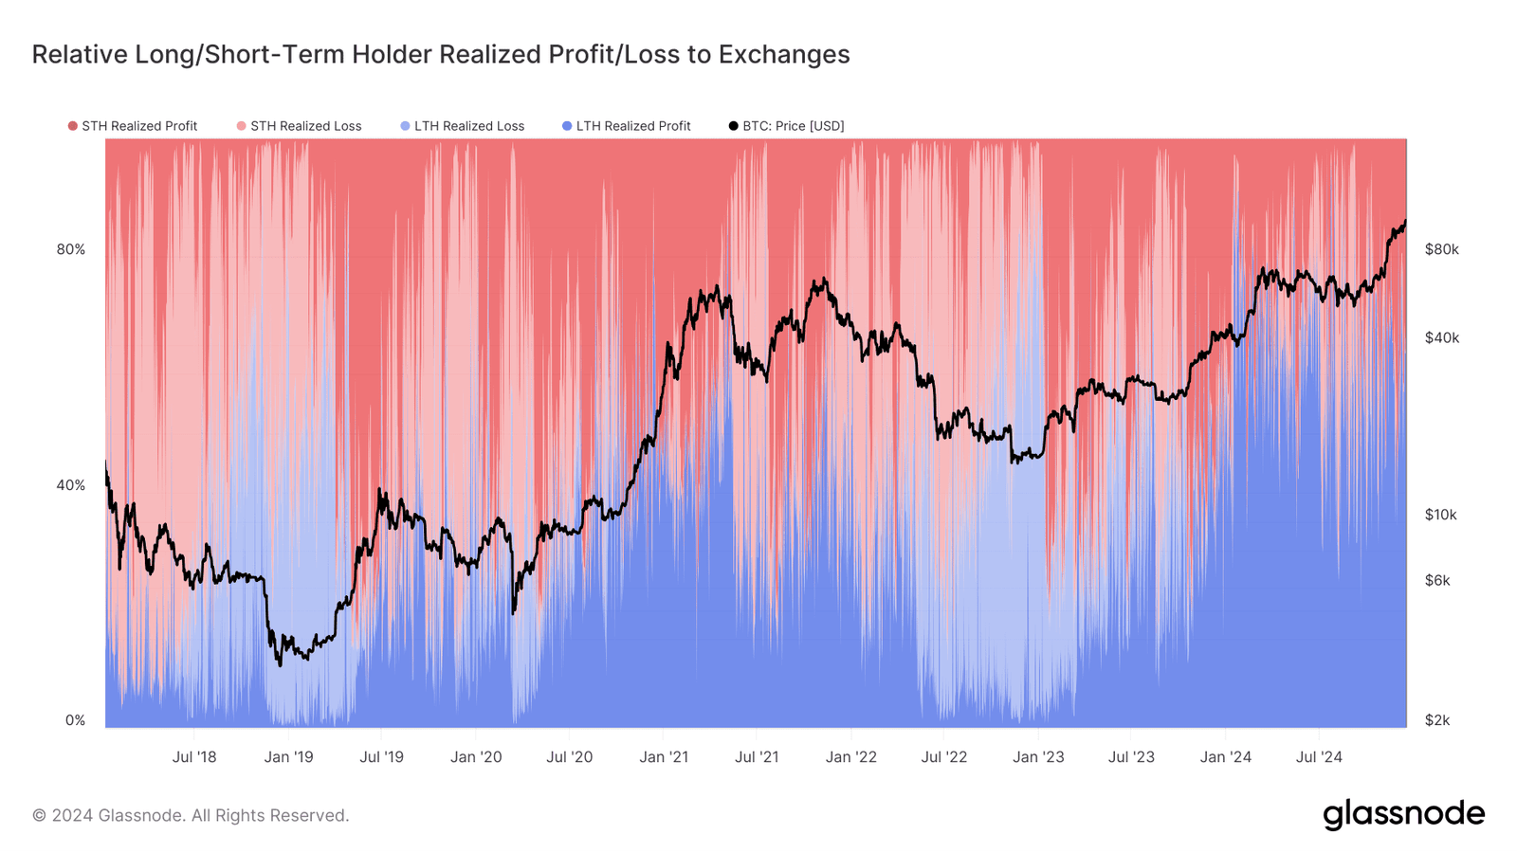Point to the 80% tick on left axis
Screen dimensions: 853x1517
(x=71, y=249)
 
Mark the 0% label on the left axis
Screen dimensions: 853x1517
(x=75, y=720)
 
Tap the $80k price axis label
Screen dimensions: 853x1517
(x=1441, y=249)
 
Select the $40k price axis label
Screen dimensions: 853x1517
(x=1441, y=337)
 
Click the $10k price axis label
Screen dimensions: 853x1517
(x=1441, y=515)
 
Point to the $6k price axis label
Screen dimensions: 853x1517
(x=1437, y=580)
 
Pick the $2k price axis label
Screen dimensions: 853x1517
(x=1437, y=720)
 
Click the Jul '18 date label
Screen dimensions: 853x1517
(x=194, y=757)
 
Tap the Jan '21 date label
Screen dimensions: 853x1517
(x=664, y=757)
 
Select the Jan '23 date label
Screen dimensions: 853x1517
(x=1038, y=757)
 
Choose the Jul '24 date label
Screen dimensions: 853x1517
(x=1319, y=757)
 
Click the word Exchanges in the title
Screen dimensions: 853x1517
(x=783, y=54)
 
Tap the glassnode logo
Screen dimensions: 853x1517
(x=1403, y=814)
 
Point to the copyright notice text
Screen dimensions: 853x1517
(x=191, y=815)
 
